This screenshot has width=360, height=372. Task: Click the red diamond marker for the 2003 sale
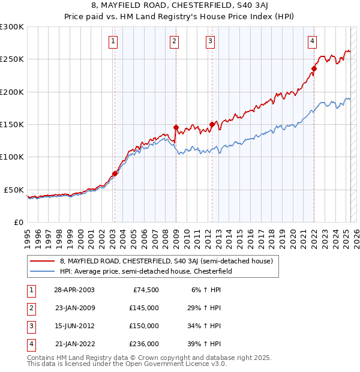point(115,174)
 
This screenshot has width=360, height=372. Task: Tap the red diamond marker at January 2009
point(176,127)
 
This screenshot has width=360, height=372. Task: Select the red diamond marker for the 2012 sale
point(212,124)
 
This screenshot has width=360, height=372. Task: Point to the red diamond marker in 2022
point(314,68)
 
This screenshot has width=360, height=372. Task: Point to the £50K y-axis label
point(14,190)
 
